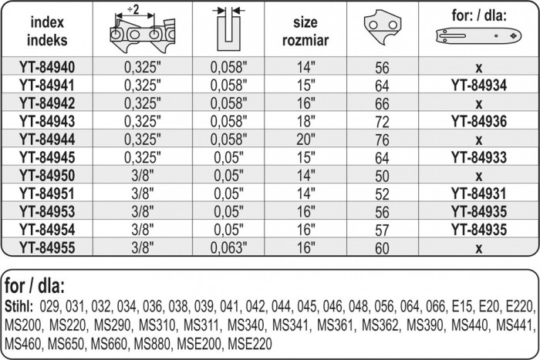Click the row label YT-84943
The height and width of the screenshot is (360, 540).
[47, 121]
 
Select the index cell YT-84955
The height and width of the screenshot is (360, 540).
[47, 247]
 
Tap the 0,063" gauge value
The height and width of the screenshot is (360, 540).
[228, 247]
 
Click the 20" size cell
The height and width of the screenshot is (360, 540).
[305, 140]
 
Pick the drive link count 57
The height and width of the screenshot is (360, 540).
[383, 230]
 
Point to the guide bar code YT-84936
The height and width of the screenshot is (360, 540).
[479, 121]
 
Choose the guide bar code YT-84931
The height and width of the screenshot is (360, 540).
[479, 193]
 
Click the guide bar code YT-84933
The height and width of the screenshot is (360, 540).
[479, 157]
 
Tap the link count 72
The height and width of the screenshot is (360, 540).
[383, 122]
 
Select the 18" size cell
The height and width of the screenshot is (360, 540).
[305, 121]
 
